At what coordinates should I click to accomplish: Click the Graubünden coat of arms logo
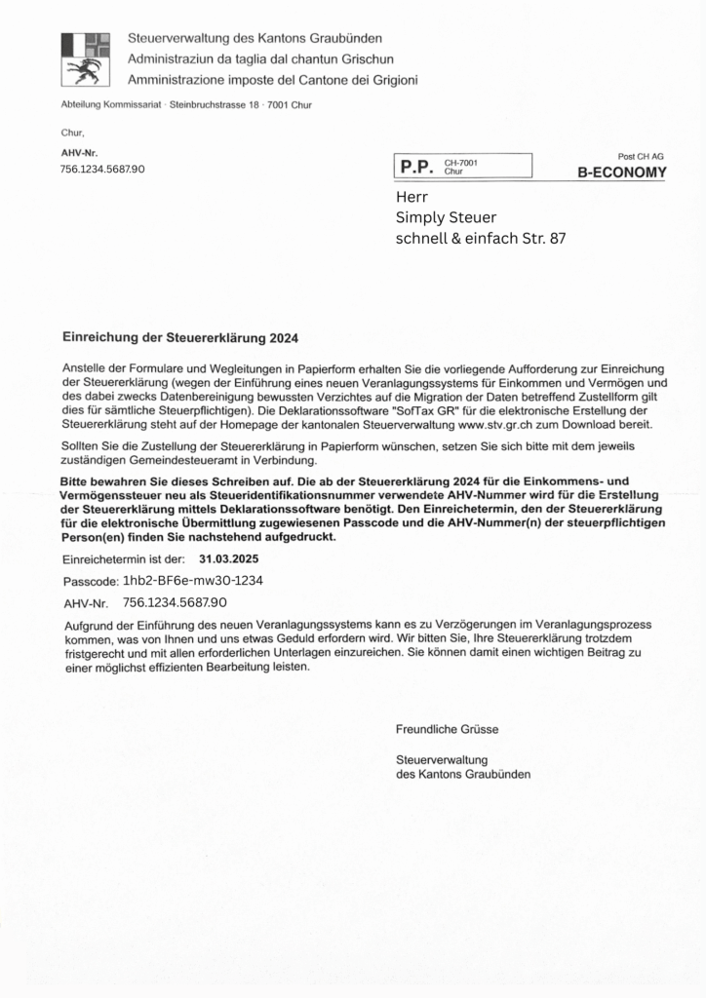(x=85, y=58)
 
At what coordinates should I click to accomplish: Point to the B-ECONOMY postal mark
(x=622, y=173)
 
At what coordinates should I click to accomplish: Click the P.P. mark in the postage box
(x=416, y=167)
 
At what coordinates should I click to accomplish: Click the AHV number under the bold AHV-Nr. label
(x=102, y=169)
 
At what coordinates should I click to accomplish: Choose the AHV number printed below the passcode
(x=176, y=601)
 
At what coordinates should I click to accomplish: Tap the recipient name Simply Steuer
(x=447, y=216)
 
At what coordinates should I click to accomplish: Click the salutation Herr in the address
(x=412, y=196)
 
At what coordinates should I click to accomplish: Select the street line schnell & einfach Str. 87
(x=480, y=237)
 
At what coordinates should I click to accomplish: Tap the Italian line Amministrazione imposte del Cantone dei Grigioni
(x=272, y=79)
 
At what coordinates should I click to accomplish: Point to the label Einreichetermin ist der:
(x=124, y=559)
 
